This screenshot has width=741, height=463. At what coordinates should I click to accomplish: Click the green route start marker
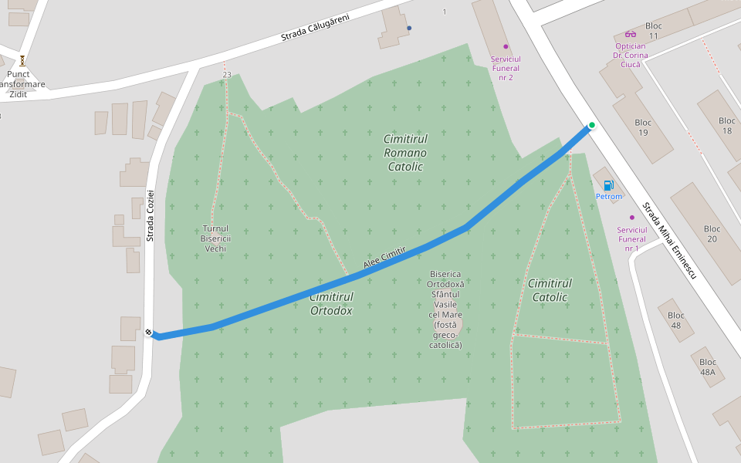tap(592, 125)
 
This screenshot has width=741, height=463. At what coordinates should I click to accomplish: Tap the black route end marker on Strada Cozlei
tap(148, 333)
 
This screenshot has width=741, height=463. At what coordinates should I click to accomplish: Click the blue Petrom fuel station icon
tap(609, 185)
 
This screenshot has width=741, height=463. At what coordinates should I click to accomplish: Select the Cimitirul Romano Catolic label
tap(405, 152)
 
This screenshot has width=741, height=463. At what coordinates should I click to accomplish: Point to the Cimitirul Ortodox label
tap(331, 304)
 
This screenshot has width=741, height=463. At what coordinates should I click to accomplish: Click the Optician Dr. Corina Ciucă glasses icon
tap(631, 34)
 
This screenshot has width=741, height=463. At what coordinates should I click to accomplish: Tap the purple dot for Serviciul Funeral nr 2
tap(506, 46)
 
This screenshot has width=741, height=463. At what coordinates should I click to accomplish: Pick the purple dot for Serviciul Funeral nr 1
tap(631, 218)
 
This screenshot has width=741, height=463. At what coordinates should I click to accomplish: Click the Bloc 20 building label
tap(712, 234)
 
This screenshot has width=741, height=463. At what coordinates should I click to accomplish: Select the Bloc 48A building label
tap(708, 367)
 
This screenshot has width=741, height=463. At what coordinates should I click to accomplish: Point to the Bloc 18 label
tap(727, 126)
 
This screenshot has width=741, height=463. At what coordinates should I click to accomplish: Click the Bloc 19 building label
tap(643, 127)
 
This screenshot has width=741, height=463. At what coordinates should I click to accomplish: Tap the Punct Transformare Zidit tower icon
tap(22, 59)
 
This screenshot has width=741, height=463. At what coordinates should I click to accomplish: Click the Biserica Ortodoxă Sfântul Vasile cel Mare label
tap(445, 309)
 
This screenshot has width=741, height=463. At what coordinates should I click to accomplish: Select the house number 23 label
tap(226, 75)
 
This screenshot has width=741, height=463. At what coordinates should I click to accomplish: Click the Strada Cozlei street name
tap(151, 215)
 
